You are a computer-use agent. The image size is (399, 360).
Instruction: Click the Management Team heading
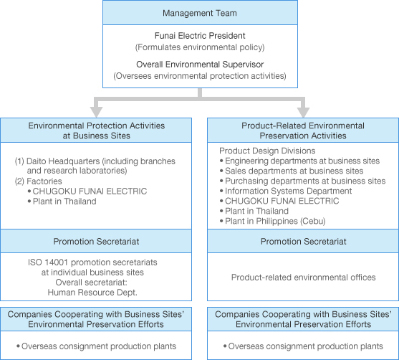pyautogui.click(x=200, y=13)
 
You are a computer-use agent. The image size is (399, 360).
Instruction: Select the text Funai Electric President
pyautogui.click(x=200, y=36)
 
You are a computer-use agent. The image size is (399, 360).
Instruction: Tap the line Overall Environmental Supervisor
pyautogui.click(x=200, y=65)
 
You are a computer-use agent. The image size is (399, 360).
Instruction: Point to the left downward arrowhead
pyautogui.click(x=96, y=112)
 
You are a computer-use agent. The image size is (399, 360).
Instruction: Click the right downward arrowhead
pyautogui.click(x=303, y=112)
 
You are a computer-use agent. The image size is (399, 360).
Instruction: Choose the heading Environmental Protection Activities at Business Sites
pyautogui.click(x=97, y=131)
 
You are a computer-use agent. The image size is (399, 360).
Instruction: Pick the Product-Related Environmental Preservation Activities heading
pyautogui.click(x=303, y=131)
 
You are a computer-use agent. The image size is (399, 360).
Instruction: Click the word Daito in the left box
pyautogui.click(x=34, y=161)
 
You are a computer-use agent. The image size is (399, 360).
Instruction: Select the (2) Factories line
pyautogui.click(x=39, y=181)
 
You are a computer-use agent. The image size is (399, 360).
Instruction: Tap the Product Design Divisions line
pyautogui.click(x=267, y=151)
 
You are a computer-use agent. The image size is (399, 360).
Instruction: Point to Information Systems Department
pyautogui.click(x=288, y=191)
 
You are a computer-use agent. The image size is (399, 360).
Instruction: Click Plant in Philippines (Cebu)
pyautogui.click(x=275, y=221)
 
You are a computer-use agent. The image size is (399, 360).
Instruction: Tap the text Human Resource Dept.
pyautogui.click(x=92, y=292)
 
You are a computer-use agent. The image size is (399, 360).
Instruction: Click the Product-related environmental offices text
pyautogui.click(x=303, y=278)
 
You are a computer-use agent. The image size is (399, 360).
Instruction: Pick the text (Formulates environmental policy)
pyautogui.click(x=200, y=47)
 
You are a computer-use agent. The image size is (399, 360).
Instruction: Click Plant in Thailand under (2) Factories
pyautogui.click(x=64, y=202)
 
